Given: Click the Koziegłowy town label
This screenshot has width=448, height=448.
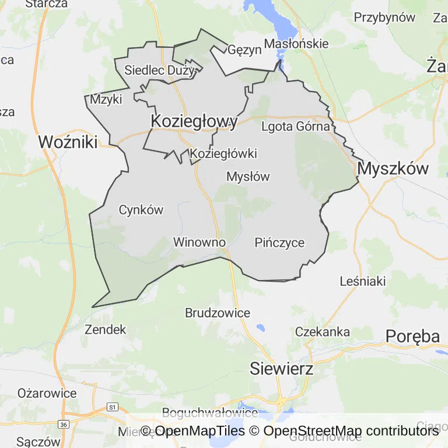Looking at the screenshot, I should (194, 121).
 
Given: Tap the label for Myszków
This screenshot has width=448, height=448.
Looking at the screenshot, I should (393, 169).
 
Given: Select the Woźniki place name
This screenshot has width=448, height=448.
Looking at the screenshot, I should (68, 142).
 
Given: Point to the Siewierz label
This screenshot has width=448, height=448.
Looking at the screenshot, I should (281, 369).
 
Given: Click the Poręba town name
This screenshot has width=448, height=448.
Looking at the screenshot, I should (412, 337).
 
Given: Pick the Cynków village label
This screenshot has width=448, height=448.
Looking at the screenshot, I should (141, 210).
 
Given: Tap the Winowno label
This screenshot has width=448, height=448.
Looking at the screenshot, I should (199, 242).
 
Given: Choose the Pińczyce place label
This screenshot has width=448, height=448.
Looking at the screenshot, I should (279, 243).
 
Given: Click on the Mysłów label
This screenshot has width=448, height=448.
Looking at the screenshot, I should (248, 176).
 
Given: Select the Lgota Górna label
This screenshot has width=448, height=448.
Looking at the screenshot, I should (296, 126).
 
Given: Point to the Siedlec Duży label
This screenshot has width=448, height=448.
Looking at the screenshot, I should (159, 71).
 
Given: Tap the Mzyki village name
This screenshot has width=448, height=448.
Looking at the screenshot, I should (106, 100).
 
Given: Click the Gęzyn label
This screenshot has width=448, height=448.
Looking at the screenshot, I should (245, 50).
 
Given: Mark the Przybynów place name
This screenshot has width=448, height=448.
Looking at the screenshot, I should (384, 17).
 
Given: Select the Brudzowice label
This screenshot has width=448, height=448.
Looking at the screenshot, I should (218, 313).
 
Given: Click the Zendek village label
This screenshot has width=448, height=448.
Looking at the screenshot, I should (105, 330).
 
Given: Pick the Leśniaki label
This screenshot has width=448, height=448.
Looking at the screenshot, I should (363, 282).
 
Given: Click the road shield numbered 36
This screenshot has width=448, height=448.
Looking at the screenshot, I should (65, 423).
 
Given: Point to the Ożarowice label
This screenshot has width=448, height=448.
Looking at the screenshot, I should (47, 393).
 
